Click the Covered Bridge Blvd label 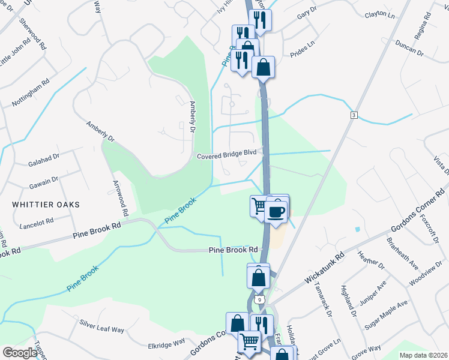231,157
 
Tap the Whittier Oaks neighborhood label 46,205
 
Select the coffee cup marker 276,212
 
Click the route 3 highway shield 355,115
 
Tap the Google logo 20,353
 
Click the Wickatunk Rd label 324,268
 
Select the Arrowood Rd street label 121,197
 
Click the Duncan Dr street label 410,49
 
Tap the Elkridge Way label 166,344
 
